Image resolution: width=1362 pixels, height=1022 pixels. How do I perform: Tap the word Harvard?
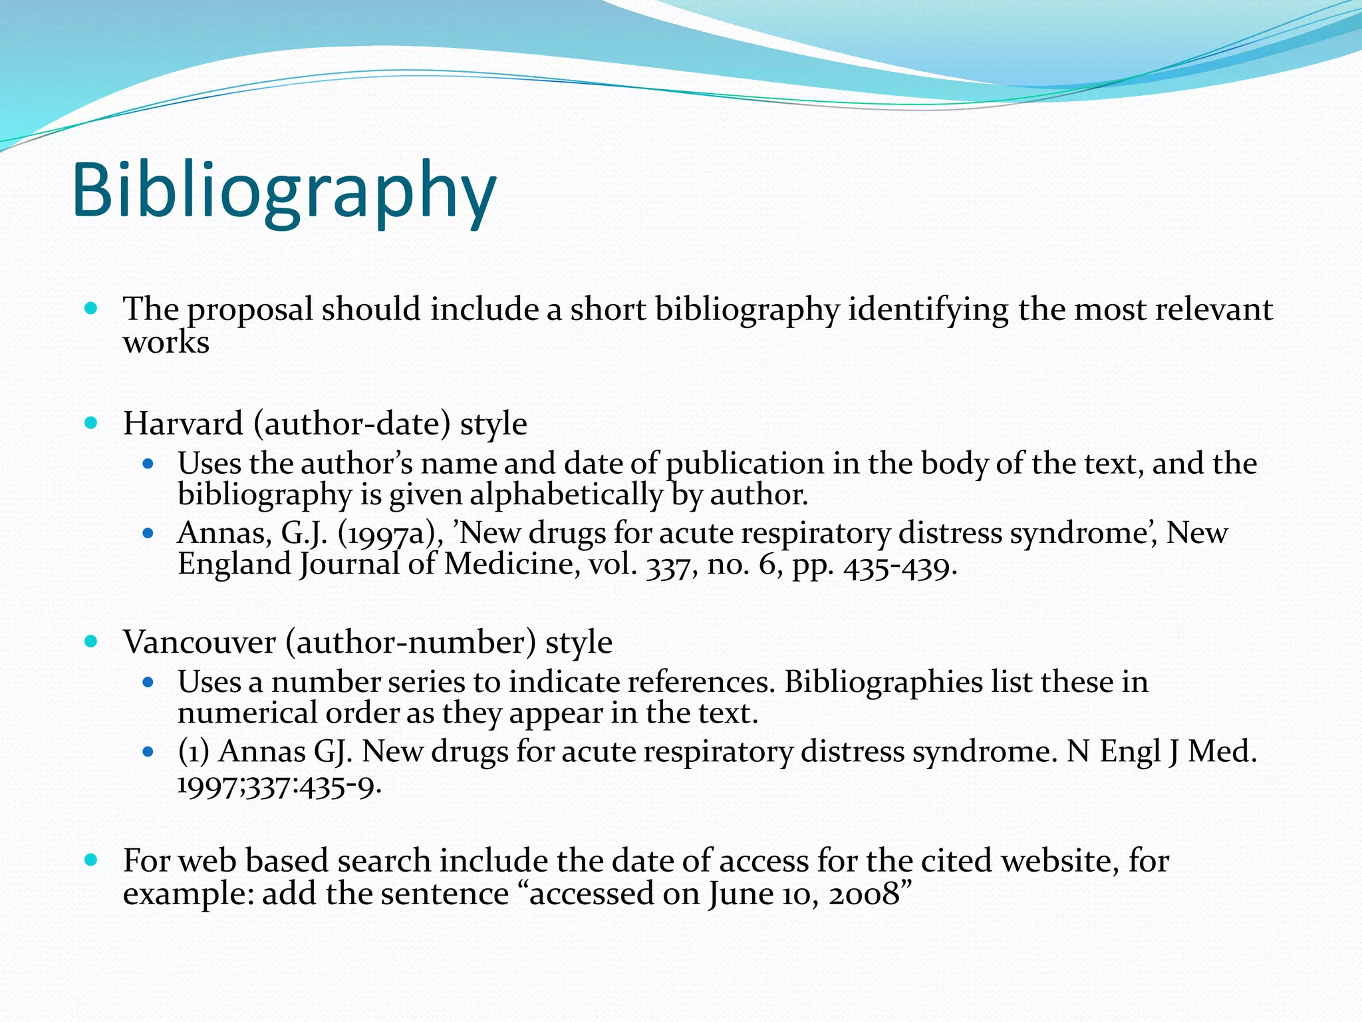[183, 424]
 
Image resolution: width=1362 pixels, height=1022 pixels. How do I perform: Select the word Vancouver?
[200, 642]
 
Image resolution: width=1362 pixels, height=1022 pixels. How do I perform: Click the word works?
[166, 343]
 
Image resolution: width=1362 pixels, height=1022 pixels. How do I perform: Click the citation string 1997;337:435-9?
[279, 786]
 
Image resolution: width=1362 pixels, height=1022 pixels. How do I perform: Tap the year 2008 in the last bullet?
[864, 894]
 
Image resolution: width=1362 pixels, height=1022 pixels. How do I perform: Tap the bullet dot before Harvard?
[91, 423]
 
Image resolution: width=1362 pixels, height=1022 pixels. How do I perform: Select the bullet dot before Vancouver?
[91, 641]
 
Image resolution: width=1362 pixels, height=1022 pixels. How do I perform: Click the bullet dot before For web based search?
[91, 860]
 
